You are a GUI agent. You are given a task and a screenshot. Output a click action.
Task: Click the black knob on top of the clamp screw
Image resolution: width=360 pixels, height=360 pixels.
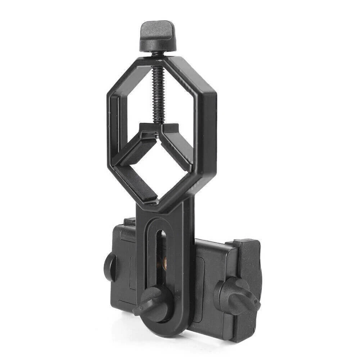click(157, 36)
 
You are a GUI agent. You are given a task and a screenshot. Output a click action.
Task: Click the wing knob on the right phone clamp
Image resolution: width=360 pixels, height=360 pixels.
click(236, 294)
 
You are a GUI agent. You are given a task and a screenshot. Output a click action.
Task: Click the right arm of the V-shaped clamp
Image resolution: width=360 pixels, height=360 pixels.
click(176, 148)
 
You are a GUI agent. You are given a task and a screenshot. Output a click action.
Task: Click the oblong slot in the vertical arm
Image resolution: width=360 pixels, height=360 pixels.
click(162, 252)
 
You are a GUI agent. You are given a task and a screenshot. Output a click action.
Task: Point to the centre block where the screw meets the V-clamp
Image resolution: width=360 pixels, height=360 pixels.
click(159, 129)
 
